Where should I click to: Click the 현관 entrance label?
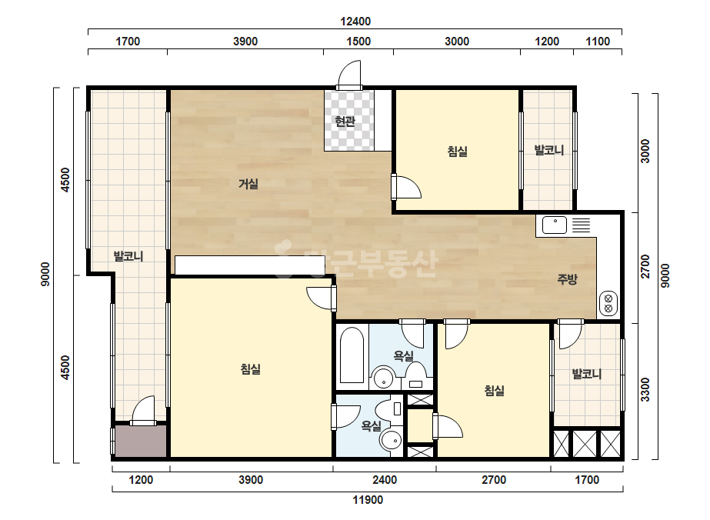pyautogui.click(x=345, y=121)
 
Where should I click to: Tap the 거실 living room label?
pyautogui.click(x=248, y=184)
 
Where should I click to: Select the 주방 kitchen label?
pyautogui.click(x=568, y=279)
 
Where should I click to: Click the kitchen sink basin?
pyautogui.click(x=555, y=225)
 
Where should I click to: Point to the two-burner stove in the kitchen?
pyautogui.click(x=608, y=304)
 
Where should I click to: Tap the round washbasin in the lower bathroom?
pyautogui.click(x=391, y=440)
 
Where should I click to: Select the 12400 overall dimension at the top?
pyautogui.click(x=355, y=22)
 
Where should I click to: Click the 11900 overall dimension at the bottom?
pyautogui.click(x=368, y=500)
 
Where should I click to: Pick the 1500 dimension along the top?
pyautogui.click(x=358, y=42)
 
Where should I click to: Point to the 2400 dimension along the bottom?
pyautogui.click(x=385, y=480)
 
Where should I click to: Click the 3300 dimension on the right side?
pyautogui.click(x=645, y=389)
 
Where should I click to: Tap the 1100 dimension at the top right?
pyautogui.click(x=598, y=42)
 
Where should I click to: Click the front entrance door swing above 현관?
pyautogui.click(x=349, y=75)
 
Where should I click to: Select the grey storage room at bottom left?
pyautogui.click(x=141, y=441)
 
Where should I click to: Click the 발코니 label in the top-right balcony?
pyautogui.click(x=549, y=150)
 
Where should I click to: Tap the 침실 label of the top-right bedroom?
pyautogui.click(x=458, y=152)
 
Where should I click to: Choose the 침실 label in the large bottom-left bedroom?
pyautogui.click(x=251, y=369)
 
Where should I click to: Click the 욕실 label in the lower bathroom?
pyautogui.click(x=371, y=425)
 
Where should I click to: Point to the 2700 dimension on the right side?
pyautogui.click(x=645, y=267)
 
